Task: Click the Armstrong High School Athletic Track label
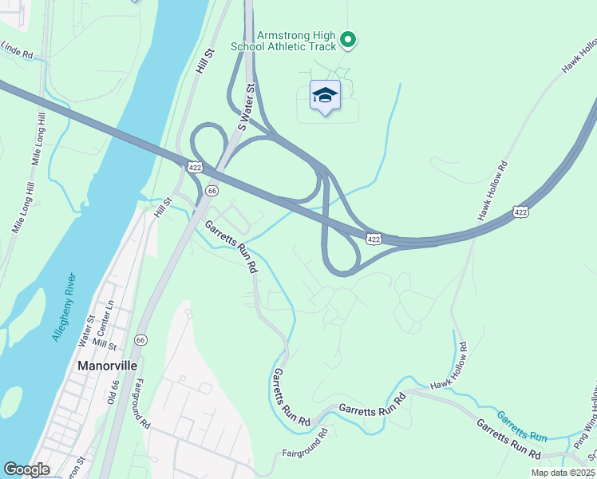coord(283,41)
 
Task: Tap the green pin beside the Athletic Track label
coord(347,38)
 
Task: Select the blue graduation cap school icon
coord(325,96)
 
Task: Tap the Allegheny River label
coord(64,307)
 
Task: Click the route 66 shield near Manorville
coord(140,339)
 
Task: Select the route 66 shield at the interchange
coord(212,191)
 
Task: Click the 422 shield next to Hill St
coord(195,166)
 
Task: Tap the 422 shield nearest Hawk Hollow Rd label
coord(520,212)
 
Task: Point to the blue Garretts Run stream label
coord(523,426)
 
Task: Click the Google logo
coord(26,469)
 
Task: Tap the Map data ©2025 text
coord(563,473)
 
